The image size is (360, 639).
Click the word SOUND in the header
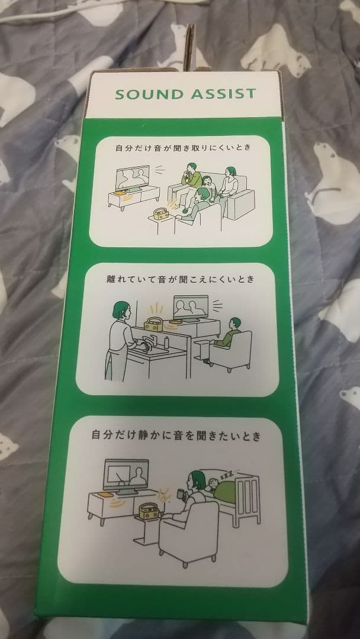[x=149, y=93]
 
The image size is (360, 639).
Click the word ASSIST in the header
[x=223, y=93]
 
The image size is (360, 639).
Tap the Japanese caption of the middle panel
[x=179, y=279]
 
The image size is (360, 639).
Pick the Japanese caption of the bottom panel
[x=176, y=436]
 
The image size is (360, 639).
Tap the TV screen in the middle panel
[x=191, y=306]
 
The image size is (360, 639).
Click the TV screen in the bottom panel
[x=126, y=475]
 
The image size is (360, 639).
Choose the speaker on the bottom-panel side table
[x=150, y=511]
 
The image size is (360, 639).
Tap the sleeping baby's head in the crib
[x=211, y=483]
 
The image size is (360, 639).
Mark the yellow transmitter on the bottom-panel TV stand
[x=105, y=495]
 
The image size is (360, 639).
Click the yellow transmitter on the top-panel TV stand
[x=120, y=193]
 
